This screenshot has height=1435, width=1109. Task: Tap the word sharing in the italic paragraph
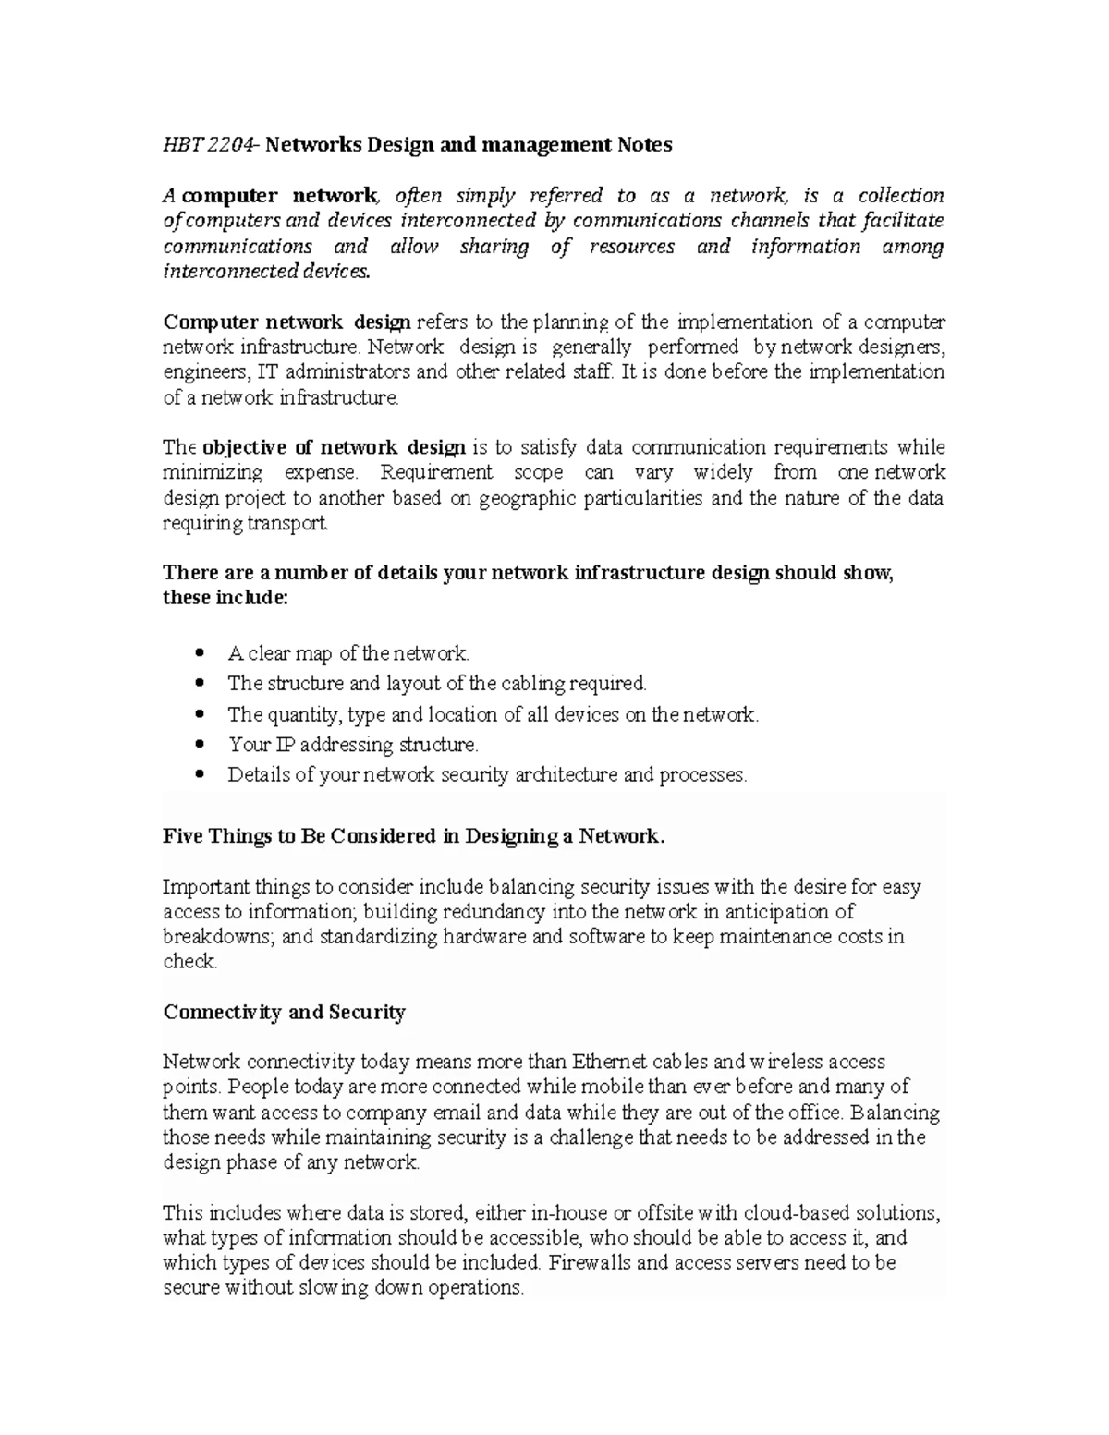(494, 247)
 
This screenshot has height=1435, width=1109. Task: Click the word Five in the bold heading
(183, 837)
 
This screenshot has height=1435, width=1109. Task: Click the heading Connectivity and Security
(284, 1013)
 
